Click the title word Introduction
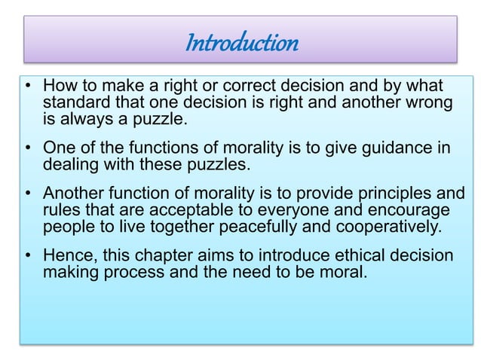[240, 44]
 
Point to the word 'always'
[83, 118]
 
